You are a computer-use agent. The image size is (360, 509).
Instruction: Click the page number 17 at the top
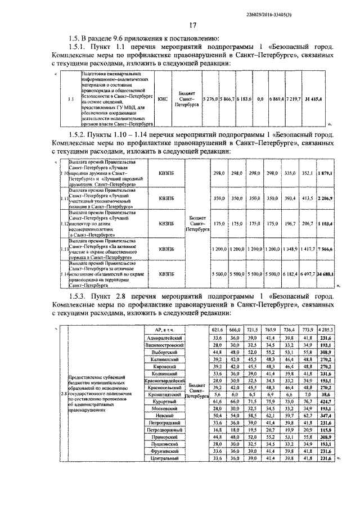point(192,25)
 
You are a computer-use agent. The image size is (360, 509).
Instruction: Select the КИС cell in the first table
point(163,98)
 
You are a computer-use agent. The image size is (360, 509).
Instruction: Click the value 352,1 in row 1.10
point(307,174)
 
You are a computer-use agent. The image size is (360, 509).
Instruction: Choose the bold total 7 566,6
point(325,248)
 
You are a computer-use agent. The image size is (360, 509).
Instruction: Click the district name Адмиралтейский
point(163,337)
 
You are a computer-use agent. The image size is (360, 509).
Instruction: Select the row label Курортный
point(163,403)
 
